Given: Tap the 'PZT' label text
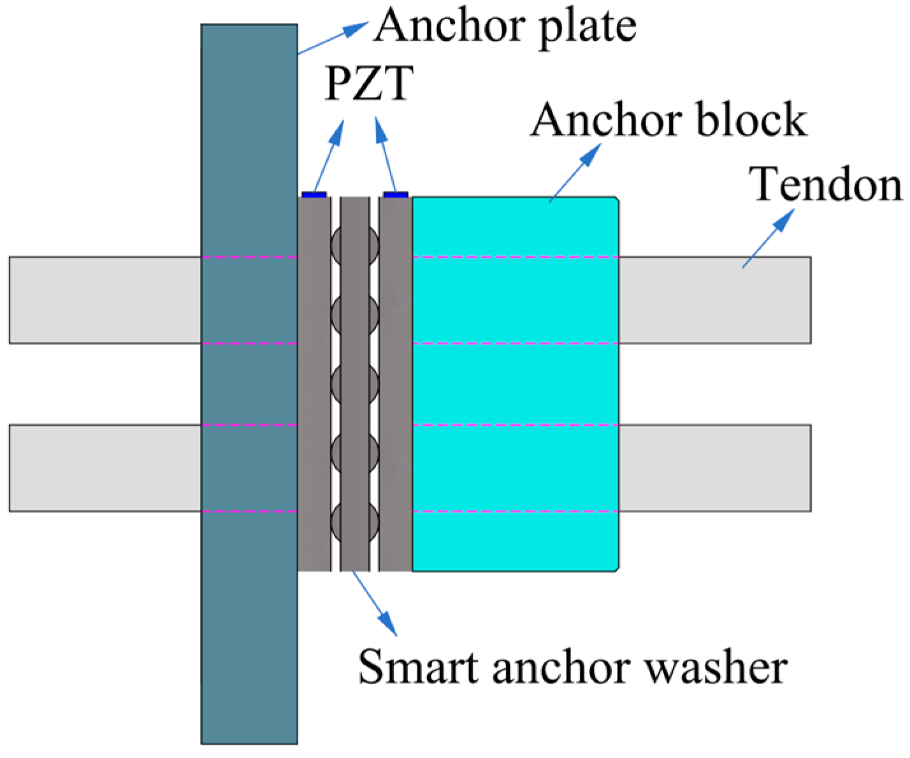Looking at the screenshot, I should [368, 84].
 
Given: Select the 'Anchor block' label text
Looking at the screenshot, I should [668, 120].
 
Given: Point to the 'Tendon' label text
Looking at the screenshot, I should [827, 185].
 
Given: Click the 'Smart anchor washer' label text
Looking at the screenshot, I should [572, 667].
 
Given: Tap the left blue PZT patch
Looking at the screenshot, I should [314, 194].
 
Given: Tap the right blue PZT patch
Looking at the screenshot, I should [395, 194].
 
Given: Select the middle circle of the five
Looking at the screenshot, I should [355, 384].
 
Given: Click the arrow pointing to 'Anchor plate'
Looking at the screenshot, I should [332, 38].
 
